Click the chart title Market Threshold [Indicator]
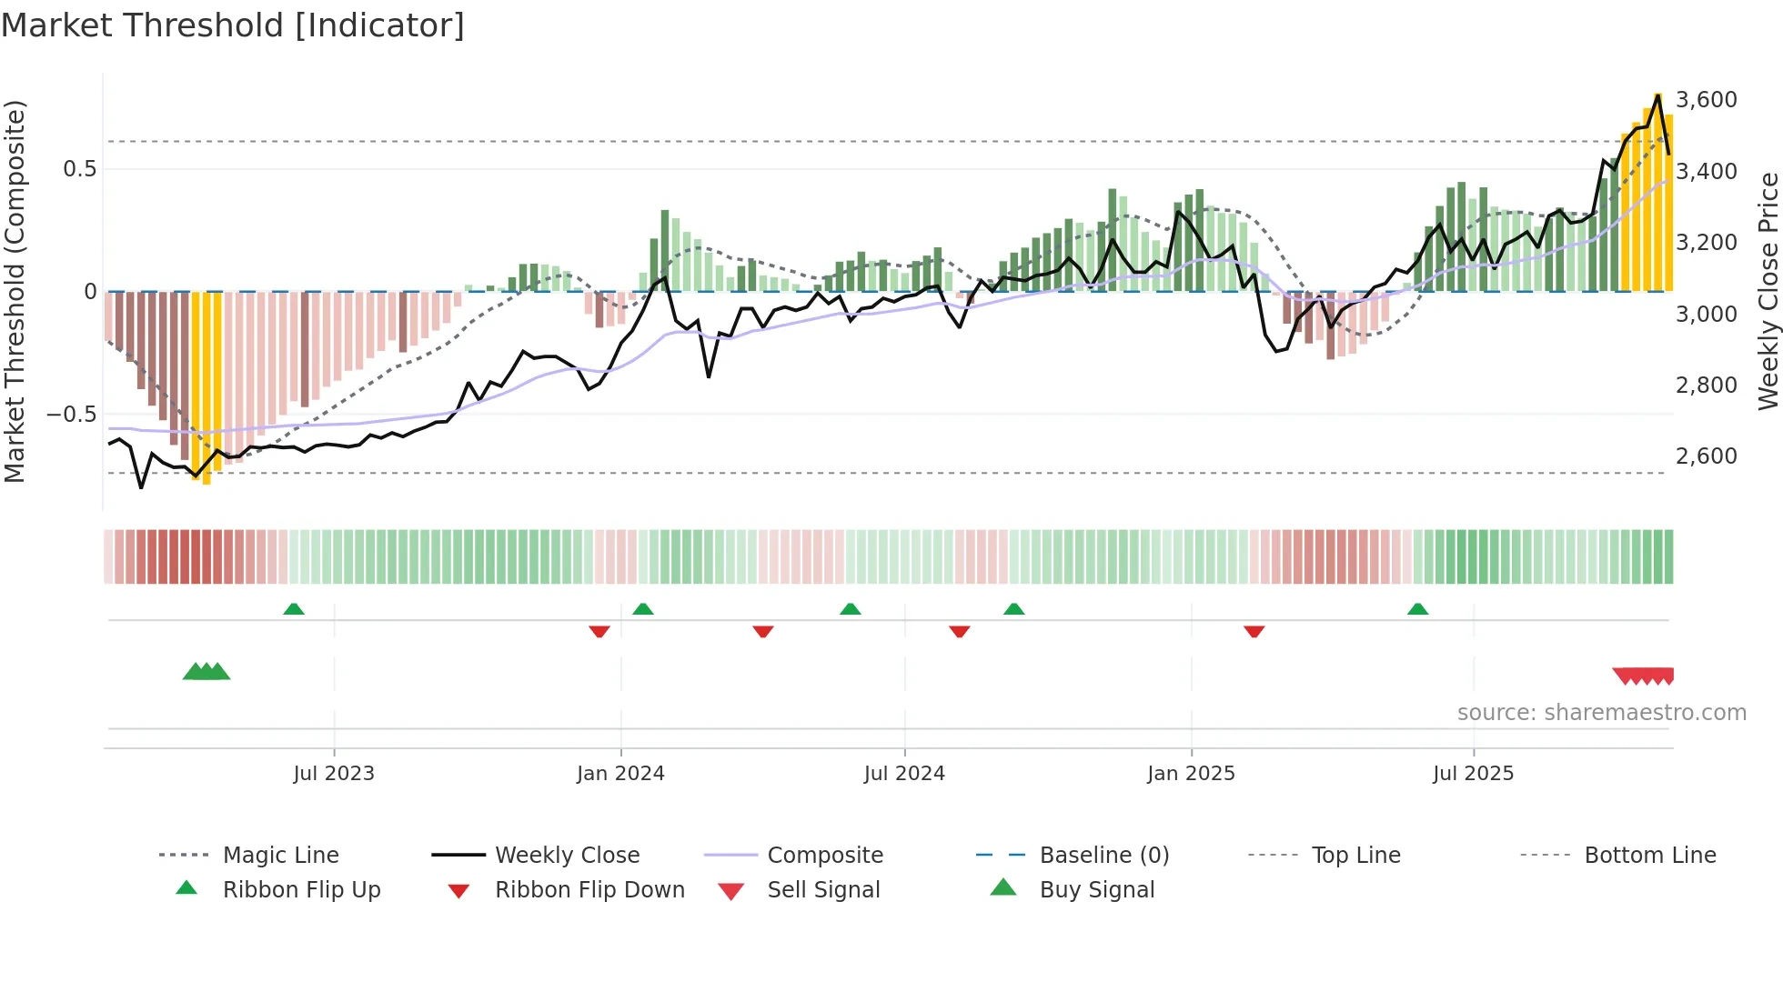[233, 25]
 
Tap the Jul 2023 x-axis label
[333, 774]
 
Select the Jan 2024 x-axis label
[620, 774]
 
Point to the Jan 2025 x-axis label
[1191, 774]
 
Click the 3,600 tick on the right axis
[1707, 99]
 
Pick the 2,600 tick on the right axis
[1707, 456]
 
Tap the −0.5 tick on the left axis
[72, 415]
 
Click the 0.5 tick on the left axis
[80, 169]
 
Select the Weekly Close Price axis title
[1768, 291]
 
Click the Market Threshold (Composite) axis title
[15, 291]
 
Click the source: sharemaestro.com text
[1601, 713]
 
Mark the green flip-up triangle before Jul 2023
[293, 609]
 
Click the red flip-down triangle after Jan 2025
[1254, 631]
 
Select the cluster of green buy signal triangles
[207, 672]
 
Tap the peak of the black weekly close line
[1658, 95]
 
